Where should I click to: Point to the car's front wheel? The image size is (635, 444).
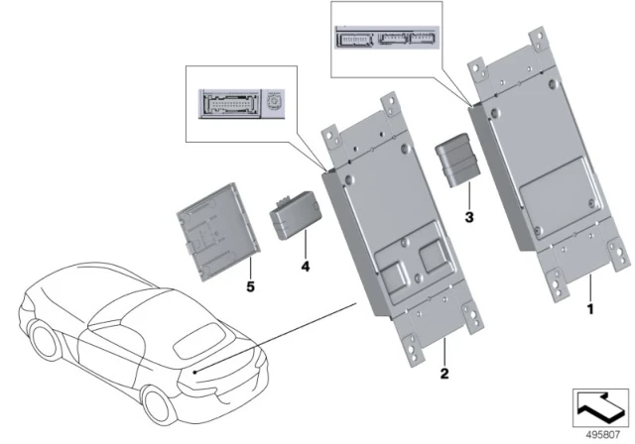(45, 341)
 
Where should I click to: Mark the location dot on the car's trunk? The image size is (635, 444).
(196, 371)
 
